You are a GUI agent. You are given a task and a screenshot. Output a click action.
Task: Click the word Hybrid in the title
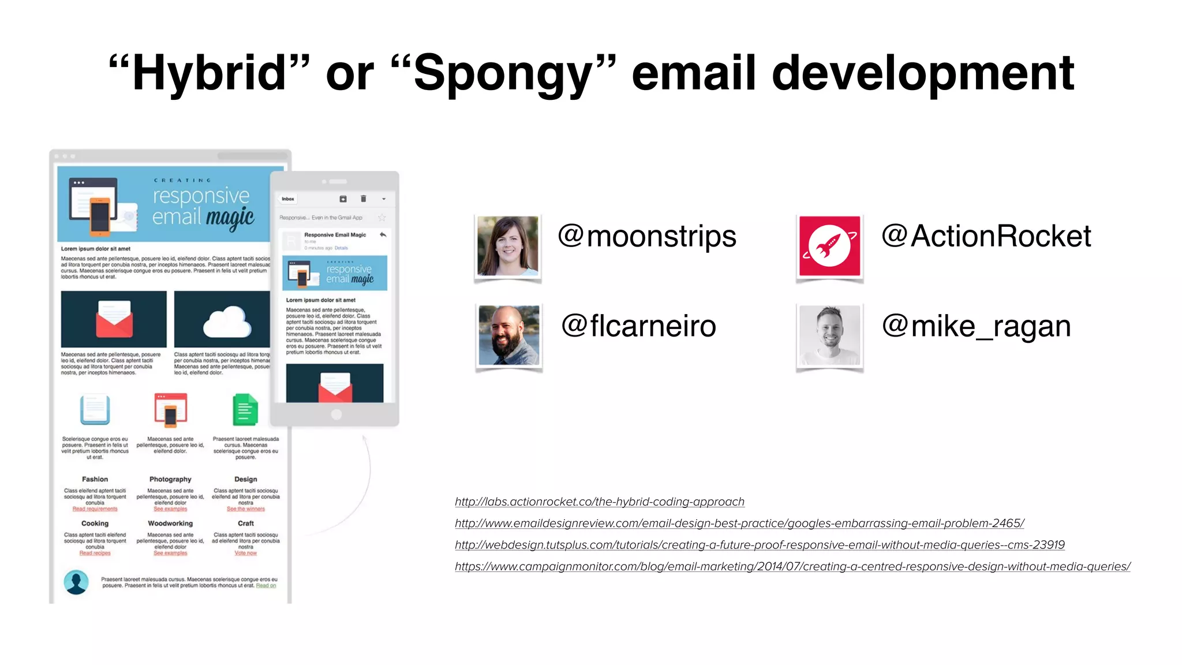(209, 73)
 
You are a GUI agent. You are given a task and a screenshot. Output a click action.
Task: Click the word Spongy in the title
(503, 73)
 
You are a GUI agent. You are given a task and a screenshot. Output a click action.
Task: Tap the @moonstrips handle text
(647, 236)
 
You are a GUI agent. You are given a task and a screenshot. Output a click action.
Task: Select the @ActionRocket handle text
(986, 236)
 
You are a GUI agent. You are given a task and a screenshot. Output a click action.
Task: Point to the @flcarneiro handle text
(639, 326)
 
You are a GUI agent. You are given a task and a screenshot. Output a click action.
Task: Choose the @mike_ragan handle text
(977, 326)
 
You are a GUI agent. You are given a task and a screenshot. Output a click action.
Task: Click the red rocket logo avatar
(829, 246)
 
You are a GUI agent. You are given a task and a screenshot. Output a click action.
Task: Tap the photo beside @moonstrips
(508, 246)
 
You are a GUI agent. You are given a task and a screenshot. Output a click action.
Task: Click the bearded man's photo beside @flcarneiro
(508, 335)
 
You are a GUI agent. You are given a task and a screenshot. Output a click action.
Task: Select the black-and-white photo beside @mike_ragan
(829, 335)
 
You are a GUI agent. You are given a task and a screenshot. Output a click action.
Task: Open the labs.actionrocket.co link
(600, 502)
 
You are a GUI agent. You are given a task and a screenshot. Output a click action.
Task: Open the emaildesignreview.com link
(739, 523)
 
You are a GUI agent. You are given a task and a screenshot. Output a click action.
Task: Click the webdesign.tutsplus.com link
(760, 545)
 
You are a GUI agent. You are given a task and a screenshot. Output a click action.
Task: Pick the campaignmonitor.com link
(792, 566)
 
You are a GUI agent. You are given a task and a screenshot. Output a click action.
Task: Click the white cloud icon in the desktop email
(227, 323)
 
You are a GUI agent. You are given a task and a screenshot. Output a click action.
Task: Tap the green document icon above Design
(245, 410)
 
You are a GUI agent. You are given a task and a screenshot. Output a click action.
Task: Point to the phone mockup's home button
(336, 414)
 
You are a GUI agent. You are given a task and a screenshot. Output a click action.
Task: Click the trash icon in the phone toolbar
(364, 199)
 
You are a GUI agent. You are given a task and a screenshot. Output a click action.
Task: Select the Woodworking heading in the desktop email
(170, 524)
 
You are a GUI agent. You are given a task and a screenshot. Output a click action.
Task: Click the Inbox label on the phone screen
(288, 199)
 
